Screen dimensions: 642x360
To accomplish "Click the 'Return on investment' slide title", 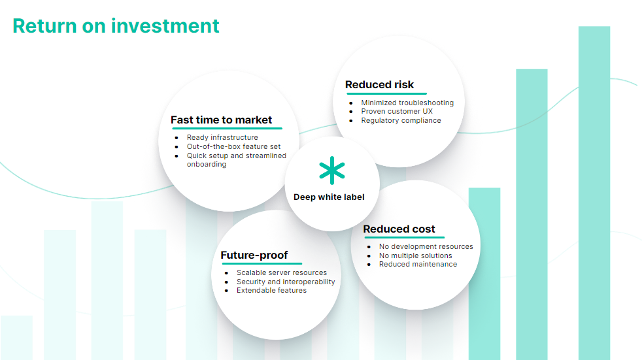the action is tap(116, 25).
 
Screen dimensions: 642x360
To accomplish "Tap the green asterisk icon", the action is tap(332, 170).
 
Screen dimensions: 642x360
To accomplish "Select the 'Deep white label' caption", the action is tap(329, 197).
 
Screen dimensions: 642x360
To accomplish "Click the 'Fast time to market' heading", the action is tap(221, 120).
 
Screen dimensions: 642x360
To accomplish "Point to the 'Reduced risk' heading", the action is tap(379, 85).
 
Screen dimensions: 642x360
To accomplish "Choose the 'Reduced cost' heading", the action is tap(399, 229).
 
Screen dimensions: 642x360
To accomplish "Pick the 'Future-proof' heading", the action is tap(254, 255).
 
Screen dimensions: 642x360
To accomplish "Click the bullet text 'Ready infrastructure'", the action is tap(222, 137).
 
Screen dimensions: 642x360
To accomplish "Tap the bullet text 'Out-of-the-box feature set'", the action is tap(234, 146).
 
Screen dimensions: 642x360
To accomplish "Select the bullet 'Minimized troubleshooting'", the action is tap(407, 103).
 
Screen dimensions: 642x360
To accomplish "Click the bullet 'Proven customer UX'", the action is tap(397, 111).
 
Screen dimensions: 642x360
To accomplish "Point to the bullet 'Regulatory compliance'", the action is tap(401, 120).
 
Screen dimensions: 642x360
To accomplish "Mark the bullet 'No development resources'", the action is tap(426, 246).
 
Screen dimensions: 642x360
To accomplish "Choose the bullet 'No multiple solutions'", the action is tap(416, 255).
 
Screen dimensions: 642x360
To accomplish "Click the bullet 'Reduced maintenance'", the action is tap(418, 264).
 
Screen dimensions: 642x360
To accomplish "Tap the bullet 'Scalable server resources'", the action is tap(282, 272).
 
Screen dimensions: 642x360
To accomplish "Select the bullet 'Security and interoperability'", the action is tap(286, 282).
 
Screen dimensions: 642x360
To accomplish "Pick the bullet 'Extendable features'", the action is tap(271, 291).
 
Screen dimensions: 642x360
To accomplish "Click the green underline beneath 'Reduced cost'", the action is tap(405, 237).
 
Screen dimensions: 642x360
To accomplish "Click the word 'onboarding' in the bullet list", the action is tap(207, 165).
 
